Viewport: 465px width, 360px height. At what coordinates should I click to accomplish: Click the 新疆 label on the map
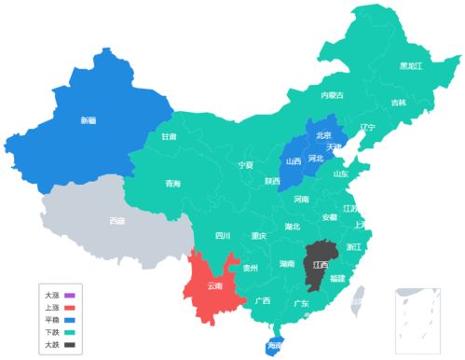pos(88,119)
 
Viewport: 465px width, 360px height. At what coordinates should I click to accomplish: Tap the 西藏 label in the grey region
pos(116,221)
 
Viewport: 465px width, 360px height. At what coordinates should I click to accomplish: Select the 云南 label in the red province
pos(215,284)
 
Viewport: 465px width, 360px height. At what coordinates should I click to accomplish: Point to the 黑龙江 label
pos(410,66)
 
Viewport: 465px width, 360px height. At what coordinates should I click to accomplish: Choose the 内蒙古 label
pos(332,95)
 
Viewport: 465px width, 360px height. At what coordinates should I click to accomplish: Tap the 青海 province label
pos(172,183)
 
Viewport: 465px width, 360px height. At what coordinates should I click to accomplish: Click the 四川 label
pos(222,236)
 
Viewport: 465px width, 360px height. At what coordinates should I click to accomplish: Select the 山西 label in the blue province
pos(294,160)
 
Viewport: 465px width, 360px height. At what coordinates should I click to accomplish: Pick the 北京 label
pos(323,134)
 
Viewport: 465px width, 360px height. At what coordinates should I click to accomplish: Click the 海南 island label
pos(274,346)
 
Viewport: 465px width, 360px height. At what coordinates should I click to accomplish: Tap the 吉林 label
pos(398,103)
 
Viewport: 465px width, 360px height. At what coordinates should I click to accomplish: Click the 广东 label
pos(301,303)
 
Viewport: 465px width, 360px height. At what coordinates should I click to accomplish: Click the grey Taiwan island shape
pos(357,297)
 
